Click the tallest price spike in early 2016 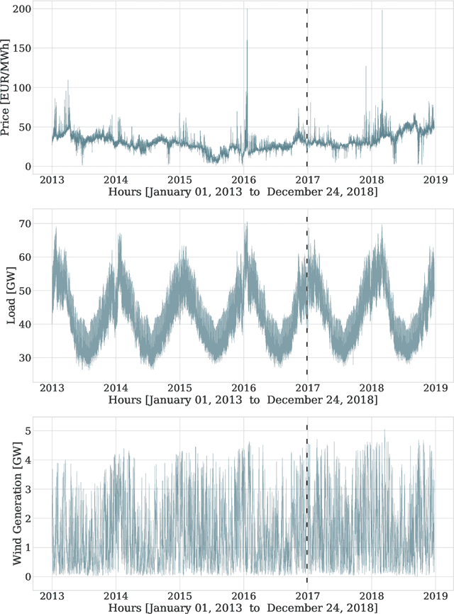[248, 10]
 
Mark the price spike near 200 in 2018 [382, 11]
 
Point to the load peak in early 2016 [247, 224]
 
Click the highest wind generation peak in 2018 [384, 430]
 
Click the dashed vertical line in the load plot [307, 298]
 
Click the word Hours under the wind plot [126, 608]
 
